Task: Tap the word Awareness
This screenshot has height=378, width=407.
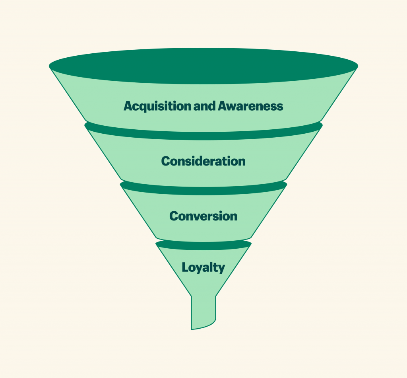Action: pos(250,106)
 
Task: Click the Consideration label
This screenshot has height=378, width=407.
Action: pos(203,161)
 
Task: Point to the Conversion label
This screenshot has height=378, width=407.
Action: pos(203,216)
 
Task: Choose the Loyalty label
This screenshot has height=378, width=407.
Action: pos(203,268)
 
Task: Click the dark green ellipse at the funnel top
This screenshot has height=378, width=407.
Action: pos(203,66)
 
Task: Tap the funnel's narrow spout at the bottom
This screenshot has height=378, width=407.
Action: pos(203,312)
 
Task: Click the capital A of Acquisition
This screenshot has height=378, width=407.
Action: pos(128,106)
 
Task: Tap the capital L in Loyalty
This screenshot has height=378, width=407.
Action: pos(185,267)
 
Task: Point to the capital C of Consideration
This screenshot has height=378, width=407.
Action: pos(166,161)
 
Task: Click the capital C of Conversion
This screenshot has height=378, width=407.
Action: pos(174,216)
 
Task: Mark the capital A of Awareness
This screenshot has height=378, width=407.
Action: pos(223,106)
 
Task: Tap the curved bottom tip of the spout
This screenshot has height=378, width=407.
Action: pos(192,329)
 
